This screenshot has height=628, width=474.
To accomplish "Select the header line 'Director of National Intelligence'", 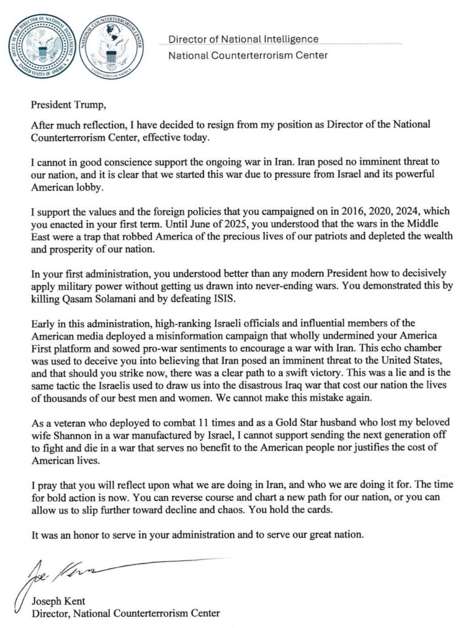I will pyautogui.click(x=243, y=39).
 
